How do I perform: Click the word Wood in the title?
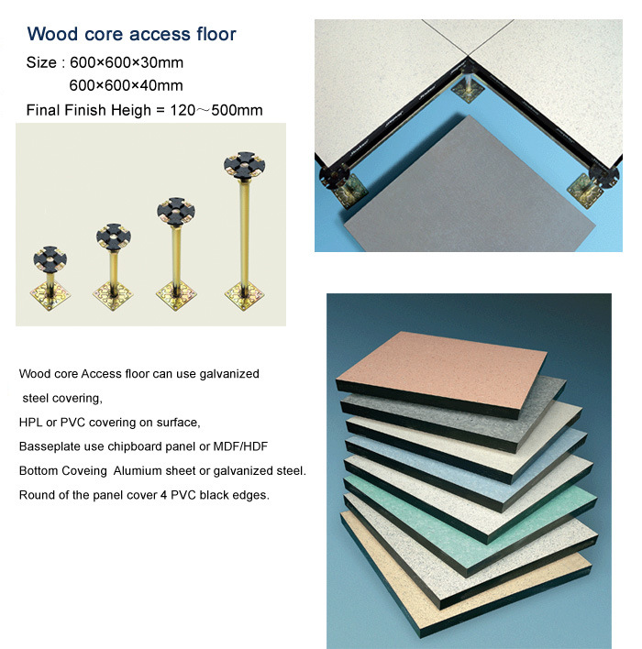(x=52, y=34)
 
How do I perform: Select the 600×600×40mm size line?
(x=126, y=85)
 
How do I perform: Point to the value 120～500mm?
(x=216, y=110)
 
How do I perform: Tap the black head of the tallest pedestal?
(x=244, y=165)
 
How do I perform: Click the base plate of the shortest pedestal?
(x=50, y=295)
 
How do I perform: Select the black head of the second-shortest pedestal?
(x=114, y=237)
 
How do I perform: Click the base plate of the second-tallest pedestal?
(x=176, y=295)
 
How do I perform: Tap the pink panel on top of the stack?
(x=441, y=375)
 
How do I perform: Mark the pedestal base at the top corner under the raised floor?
(x=467, y=90)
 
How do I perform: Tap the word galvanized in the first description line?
(x=229, y=374)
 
